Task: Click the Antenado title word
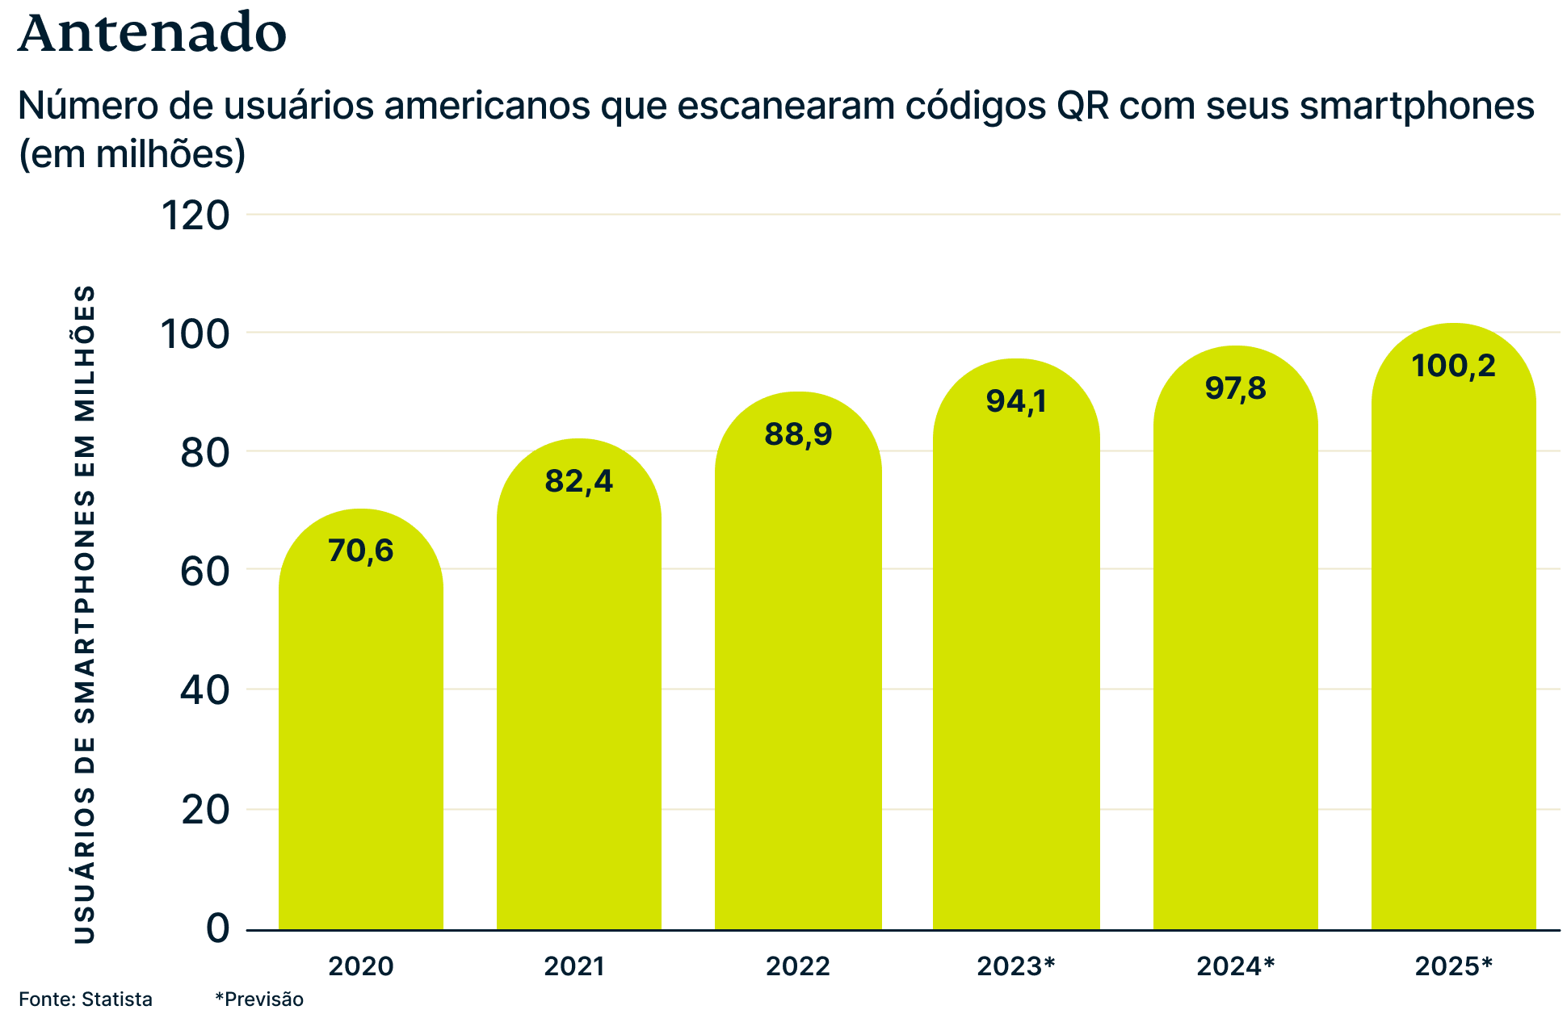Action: tap(152, 34)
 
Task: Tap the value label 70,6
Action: tap(361, 551)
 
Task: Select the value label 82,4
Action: tap(579, 481)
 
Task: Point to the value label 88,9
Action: tap(798, 434)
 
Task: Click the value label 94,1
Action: tap(1016, 400)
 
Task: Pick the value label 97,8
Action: tap(1236, 388)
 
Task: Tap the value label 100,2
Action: tap(1454, 366)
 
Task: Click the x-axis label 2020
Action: tap(361, 966)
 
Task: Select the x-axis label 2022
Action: tap(798, 966)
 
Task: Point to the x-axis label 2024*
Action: tap(1235, 966)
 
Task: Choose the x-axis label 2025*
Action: tap(1454, 966)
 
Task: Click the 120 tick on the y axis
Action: tap(196, 216)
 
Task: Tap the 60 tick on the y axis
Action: tap(205, 572)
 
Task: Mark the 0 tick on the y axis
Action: tap(218, 928)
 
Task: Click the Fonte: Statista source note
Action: tap(86, 999)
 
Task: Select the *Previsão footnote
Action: tap(259, 999)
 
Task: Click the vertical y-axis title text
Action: tap(85, 614)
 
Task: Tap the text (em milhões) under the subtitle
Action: tap(132, 154)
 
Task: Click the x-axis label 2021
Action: tap(574, 966)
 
